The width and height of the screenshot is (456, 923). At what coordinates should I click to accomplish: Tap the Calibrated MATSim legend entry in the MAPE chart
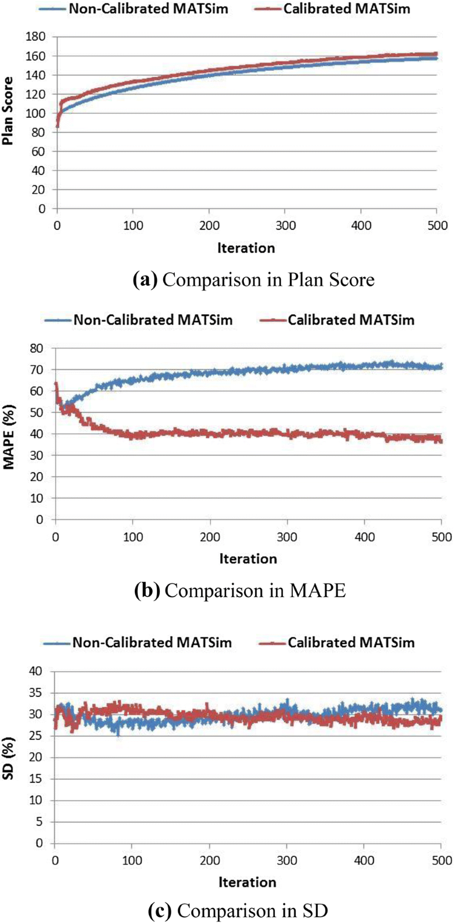(x=349, y=320)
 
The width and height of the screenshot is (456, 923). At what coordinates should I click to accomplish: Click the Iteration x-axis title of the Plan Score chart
(x=246, y=248)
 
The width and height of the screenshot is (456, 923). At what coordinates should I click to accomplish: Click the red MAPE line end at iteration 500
(x=441, y=441)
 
